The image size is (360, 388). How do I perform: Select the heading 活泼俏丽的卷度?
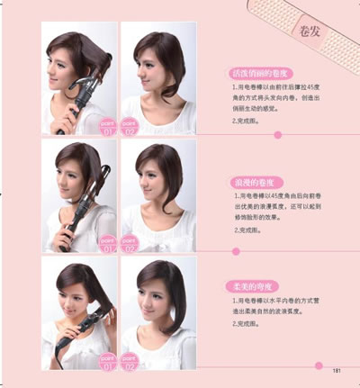click(260, 72)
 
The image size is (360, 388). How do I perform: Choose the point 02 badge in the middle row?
click(130, 243)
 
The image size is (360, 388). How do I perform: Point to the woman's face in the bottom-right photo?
click(155, 297)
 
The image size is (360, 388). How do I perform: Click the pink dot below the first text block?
click(277, 135)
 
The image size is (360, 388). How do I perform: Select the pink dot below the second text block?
click(236, 252)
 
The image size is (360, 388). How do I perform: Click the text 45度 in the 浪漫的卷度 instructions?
click(285, 194)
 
